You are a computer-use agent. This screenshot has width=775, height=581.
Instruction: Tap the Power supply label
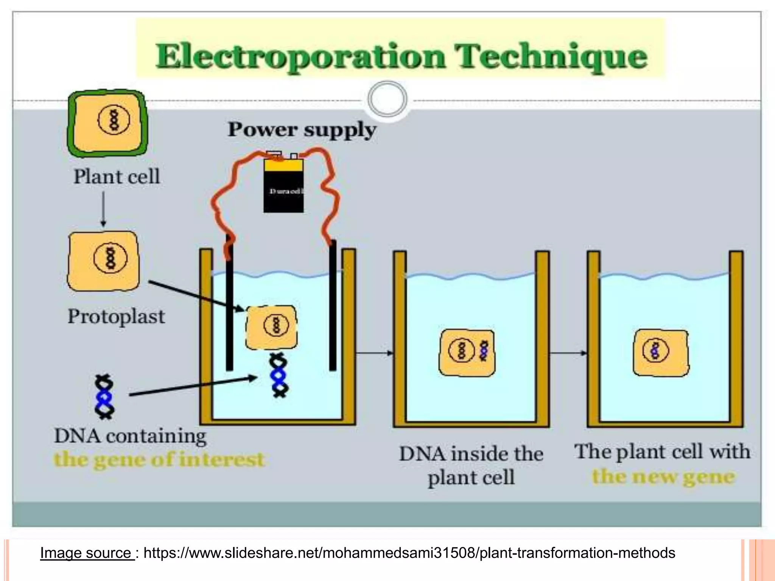(302, 130)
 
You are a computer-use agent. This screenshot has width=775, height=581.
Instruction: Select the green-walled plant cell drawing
(107, 123)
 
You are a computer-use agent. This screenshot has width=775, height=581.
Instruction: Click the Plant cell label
(117, 177)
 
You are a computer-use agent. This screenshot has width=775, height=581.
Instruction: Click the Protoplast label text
(116, 317)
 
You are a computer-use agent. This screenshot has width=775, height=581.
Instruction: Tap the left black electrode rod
(229, 310)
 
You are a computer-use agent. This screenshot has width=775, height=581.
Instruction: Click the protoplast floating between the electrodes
(271, 327)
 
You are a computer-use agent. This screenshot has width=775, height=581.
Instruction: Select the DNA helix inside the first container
(279, 375)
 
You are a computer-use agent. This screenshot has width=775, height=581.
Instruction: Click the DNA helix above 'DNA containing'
(104, 397)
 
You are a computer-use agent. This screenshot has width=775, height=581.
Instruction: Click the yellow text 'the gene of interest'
(159, 460)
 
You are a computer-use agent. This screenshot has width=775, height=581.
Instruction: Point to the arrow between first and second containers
(374, 353)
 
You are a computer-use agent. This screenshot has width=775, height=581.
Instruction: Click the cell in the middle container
(467, 353)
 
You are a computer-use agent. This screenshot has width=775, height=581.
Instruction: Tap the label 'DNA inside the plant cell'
(471, 465)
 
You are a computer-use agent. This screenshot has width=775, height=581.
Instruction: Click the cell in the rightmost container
(661, 353)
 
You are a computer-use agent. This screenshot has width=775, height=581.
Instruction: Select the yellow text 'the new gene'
(663, 477)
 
